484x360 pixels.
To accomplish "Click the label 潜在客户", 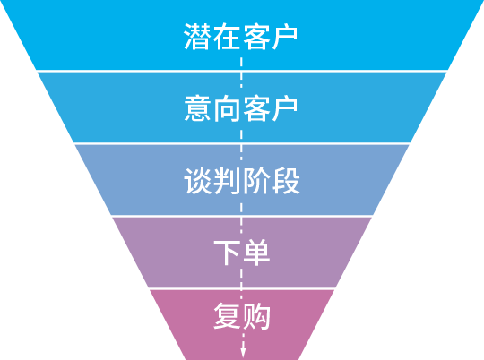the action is coord(241,37).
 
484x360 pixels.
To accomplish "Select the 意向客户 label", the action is coord(241,108).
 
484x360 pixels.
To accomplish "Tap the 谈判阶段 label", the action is coord(242,181).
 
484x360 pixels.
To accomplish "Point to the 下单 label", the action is coord(242,253).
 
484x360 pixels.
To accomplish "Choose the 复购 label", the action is coord(242,316).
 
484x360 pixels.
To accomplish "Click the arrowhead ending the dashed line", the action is coord(243,353).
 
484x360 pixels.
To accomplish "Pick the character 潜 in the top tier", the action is coord(197,37).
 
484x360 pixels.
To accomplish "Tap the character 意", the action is coord(197,108).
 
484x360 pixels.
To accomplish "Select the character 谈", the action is coord(197,181).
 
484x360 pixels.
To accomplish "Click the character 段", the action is coord(287,181).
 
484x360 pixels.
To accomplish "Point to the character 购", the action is coord(257,316).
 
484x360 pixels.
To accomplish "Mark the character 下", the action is coord(227,253).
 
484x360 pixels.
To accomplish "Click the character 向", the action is coord(227,108).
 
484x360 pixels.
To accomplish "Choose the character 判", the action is coord(227,181).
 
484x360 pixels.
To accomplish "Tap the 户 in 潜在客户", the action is coord(285,37).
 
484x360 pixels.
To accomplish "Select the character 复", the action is coord(228,316).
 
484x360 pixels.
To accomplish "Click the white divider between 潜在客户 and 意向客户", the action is coord(242,72).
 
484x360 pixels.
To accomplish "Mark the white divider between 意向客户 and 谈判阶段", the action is coord(242,143).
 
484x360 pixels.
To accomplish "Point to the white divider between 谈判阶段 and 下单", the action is coord(242,216).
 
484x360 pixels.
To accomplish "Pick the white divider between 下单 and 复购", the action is coord(242,288).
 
